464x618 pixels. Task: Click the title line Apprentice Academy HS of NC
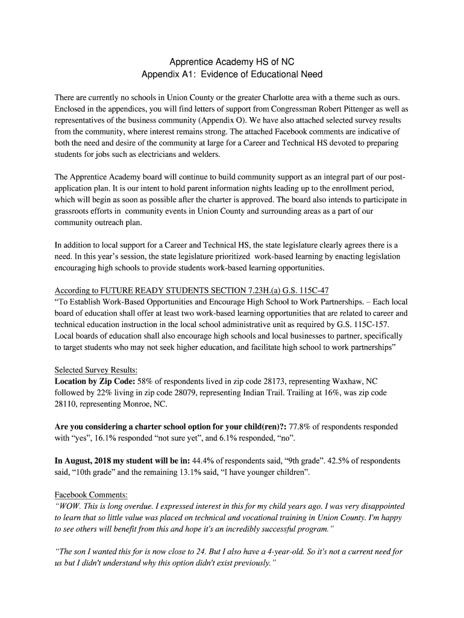pos(231,62)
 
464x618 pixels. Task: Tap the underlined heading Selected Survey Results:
pos(96,370)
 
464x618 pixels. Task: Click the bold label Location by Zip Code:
pos(95,381)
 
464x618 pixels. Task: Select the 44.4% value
pos(203,460)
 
